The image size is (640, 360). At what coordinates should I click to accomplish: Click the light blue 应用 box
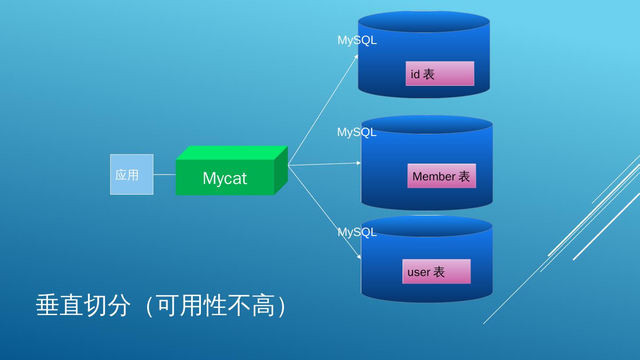(x=132, y=174)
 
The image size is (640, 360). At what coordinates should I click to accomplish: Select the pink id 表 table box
(x=440, y=73)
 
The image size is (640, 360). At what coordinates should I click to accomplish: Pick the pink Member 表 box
(x=441, y=176)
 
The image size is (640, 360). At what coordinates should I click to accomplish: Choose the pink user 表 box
(x=436, y=272)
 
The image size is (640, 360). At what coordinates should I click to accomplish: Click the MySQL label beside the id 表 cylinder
(x=357, y=40)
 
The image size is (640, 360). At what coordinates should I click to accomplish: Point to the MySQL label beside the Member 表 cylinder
(x=356, y=132)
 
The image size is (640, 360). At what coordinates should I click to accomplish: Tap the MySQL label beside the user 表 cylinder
(x=357, y=232)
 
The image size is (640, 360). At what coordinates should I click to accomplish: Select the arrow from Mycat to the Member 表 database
(x=324, y=164)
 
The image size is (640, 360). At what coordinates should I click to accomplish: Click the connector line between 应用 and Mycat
(x=164, y=175)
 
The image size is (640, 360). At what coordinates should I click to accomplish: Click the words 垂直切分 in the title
(x=83, y=305)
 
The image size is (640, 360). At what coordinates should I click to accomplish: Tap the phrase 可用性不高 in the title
(x=216, y=305)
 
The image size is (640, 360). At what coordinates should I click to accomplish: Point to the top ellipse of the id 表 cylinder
(x=424, y=21)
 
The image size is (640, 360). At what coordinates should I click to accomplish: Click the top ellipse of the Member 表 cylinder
(x=427, y=124)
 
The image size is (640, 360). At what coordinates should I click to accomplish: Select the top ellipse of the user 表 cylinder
(x=427, y=226)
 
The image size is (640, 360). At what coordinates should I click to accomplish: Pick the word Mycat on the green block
(x=224, y=178)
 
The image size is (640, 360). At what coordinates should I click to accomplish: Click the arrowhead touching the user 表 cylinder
(x=359, y=256)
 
